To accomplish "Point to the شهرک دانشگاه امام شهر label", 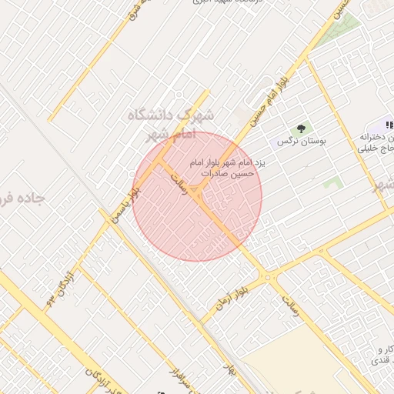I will (x=171, y=125).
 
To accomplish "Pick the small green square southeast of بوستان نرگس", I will (x=332, y=183).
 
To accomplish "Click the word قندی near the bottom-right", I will (x=380, y=360).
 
